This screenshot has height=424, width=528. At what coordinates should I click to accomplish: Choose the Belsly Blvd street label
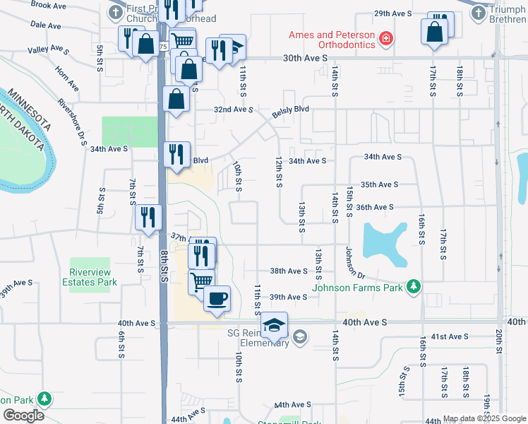click(291, 112)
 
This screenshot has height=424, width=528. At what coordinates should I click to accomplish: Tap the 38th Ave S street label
click(289, 271)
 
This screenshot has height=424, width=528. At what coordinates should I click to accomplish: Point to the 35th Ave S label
click(379, 184)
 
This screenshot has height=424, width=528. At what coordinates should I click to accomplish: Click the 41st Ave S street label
click(449, 337)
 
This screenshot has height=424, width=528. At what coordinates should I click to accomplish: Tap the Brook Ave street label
click(49, 5)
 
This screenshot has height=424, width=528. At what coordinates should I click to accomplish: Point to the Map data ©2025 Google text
click(484, 418)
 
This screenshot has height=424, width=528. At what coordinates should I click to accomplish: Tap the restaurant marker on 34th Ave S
click(175, 153)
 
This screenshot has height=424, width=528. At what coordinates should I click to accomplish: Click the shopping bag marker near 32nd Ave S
click(176, 99)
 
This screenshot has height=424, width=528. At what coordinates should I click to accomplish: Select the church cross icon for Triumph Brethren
click(479, 12)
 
